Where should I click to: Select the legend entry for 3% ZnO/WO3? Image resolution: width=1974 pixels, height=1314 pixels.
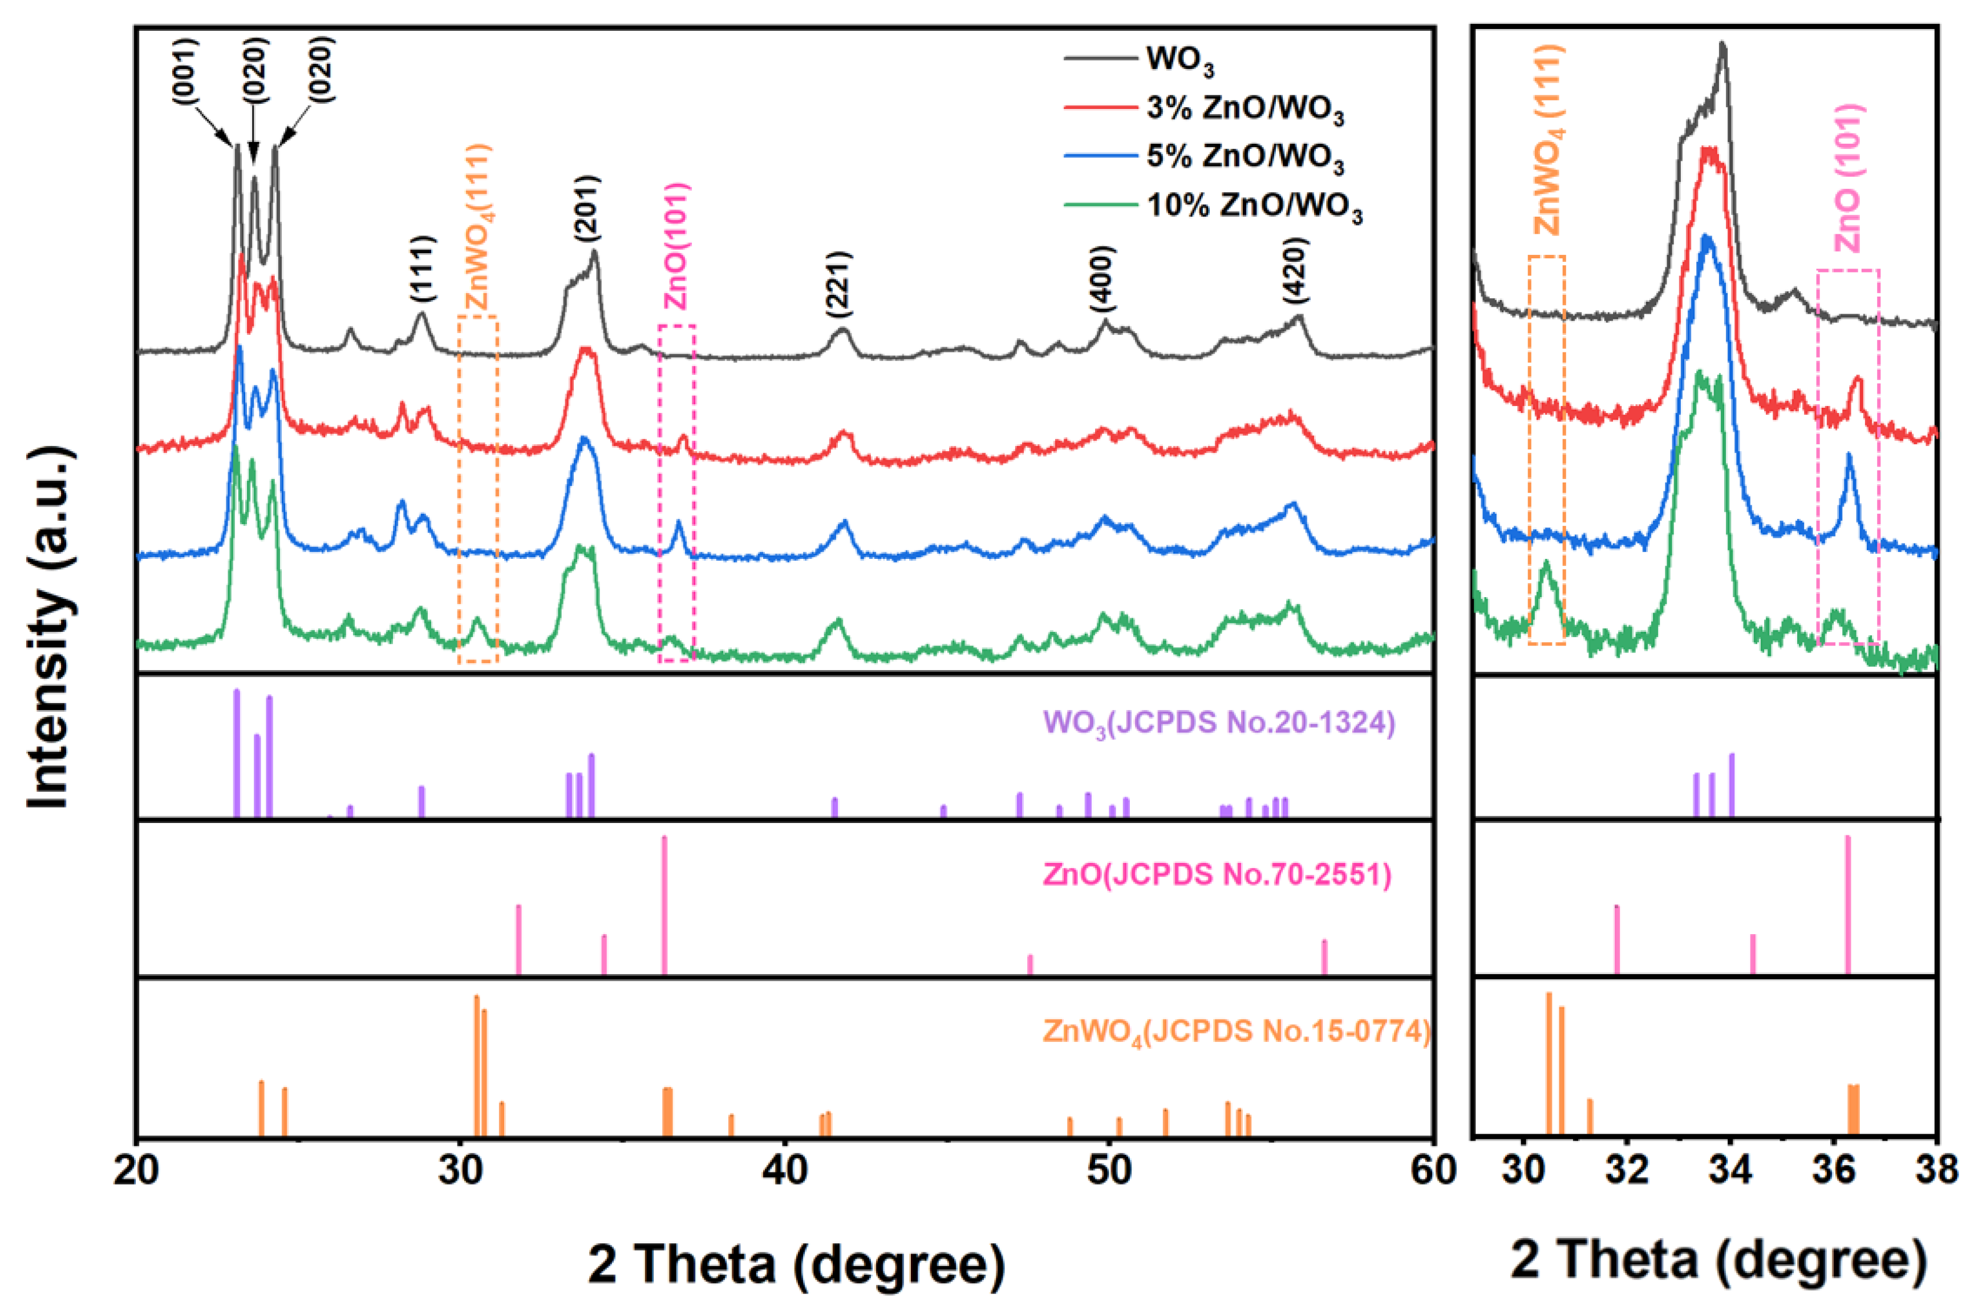pos(1244,109)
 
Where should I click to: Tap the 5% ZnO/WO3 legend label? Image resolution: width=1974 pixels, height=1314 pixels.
pos(1244,157)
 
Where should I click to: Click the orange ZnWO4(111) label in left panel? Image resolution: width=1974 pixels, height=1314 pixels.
pos(479,228)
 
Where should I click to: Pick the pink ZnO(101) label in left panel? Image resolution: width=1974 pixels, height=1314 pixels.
pos(675,246)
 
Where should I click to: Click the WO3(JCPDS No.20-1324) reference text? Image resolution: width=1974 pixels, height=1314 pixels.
pos(1219,723)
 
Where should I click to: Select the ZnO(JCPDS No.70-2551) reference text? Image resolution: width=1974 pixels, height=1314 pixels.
pos(1217,875)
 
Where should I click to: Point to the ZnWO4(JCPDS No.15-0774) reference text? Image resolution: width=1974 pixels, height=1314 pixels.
pos(1236,1031)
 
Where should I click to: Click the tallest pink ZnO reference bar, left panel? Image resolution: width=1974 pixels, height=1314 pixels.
pos(664,905)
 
